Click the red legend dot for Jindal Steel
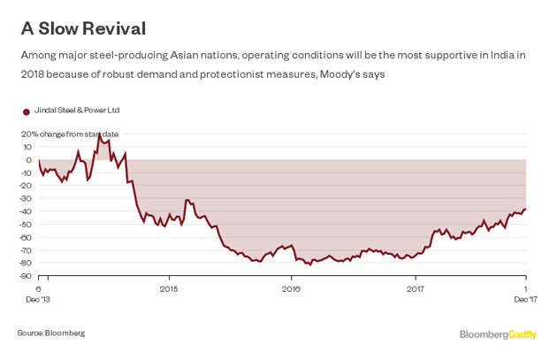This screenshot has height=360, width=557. point(26,111)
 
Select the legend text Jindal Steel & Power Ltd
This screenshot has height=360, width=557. point(76,111)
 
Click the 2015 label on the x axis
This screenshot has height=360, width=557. point(168,288)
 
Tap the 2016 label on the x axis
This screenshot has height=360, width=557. point(292,288)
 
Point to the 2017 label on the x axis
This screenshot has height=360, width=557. point(416,288)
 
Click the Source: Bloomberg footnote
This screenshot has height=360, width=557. point(51,333)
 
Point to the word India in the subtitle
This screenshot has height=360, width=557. point(502,55)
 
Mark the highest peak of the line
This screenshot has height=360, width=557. point(99,134)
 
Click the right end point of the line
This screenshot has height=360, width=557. point(525,210)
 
